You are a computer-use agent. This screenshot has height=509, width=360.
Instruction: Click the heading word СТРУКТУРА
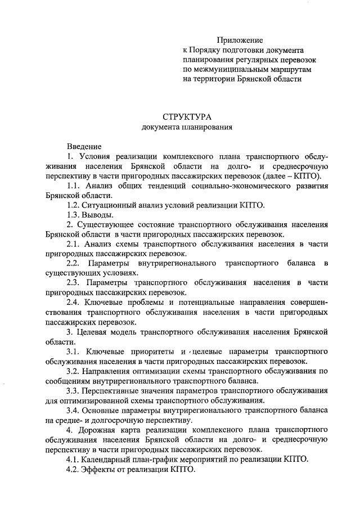187,117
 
